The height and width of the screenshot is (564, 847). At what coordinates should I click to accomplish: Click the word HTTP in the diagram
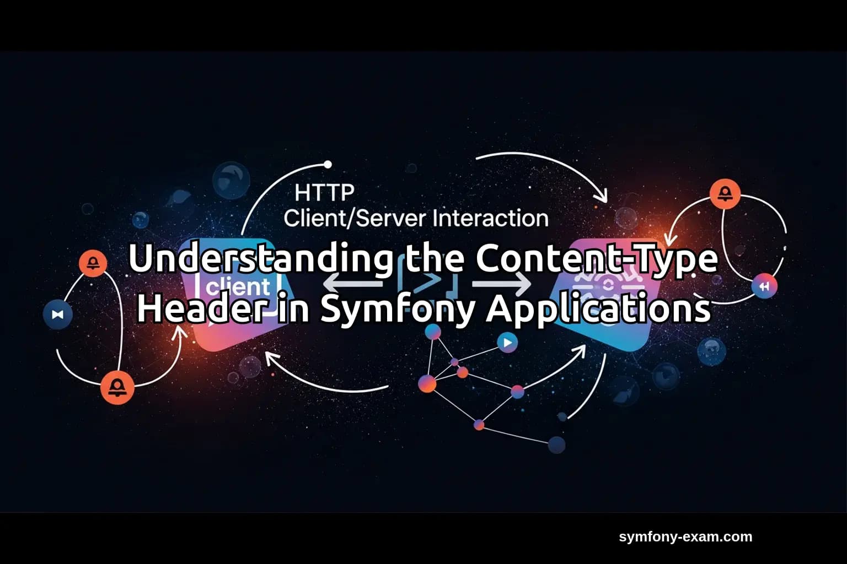pyautogui.click(x=324, y=193)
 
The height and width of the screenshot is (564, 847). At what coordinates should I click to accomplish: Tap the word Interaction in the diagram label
pyautogui.click(x=490, y=219)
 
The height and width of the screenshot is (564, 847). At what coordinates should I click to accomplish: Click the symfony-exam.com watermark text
pyautogui.click(x=685, y=536)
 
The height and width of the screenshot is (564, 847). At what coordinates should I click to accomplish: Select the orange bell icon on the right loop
pyautogui.click(x=725, y=193)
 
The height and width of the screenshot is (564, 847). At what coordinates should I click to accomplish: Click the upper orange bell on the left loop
pyautogui.click(x=93, y=263)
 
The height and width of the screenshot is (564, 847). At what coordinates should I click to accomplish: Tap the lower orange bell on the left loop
pyautogui.click(x=117, y=387)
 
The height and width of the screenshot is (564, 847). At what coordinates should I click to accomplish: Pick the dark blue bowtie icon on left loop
pyautogui.click(x=58, y=314)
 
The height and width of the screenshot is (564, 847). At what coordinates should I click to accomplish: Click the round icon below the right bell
pyautogui.click(x=764, y=286)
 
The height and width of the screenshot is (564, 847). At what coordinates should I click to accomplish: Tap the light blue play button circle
pyautogui.click(x=507, y=343)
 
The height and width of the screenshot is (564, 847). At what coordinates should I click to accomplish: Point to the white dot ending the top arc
pyautogui.click(x=328, y=164)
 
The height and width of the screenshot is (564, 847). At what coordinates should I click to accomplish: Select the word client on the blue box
pyautogui.click(x=237, y=286)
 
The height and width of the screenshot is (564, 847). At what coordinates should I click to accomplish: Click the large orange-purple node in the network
pyautogui.click(x=427, y=383)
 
